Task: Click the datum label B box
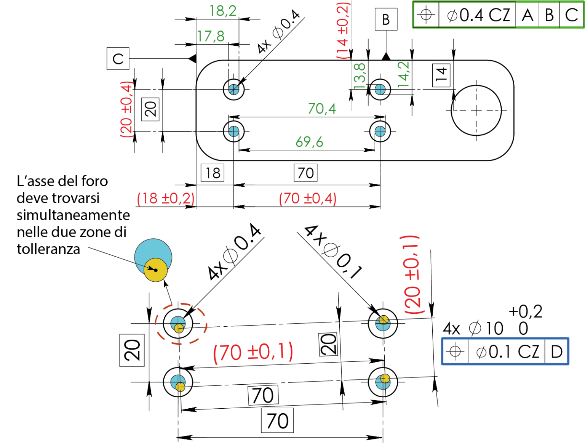[x=386, y=19]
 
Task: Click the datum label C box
[x=118, y=59]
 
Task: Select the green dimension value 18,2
[x=223, y=11]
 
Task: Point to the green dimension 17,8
[x=211, y=36]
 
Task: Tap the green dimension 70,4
[x=322, y=109]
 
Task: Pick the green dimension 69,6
[x=309, y=142]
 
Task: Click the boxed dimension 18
[x=213, y=173]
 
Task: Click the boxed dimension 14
[x=441, y=75]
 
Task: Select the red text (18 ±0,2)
[x=166, y=198]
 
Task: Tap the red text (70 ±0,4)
[x=308, y=198]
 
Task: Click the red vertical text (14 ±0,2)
[x=342, y=30]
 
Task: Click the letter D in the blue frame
[x=556, y=352]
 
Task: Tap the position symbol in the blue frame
[x=455, y=352]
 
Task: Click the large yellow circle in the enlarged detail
[x=156, y=270]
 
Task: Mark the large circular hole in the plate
[x=476, y=111]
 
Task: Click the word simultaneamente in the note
[x=73, y=215]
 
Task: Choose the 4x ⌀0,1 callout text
[x=333, y=252]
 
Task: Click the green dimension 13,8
[x=359, y=76]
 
